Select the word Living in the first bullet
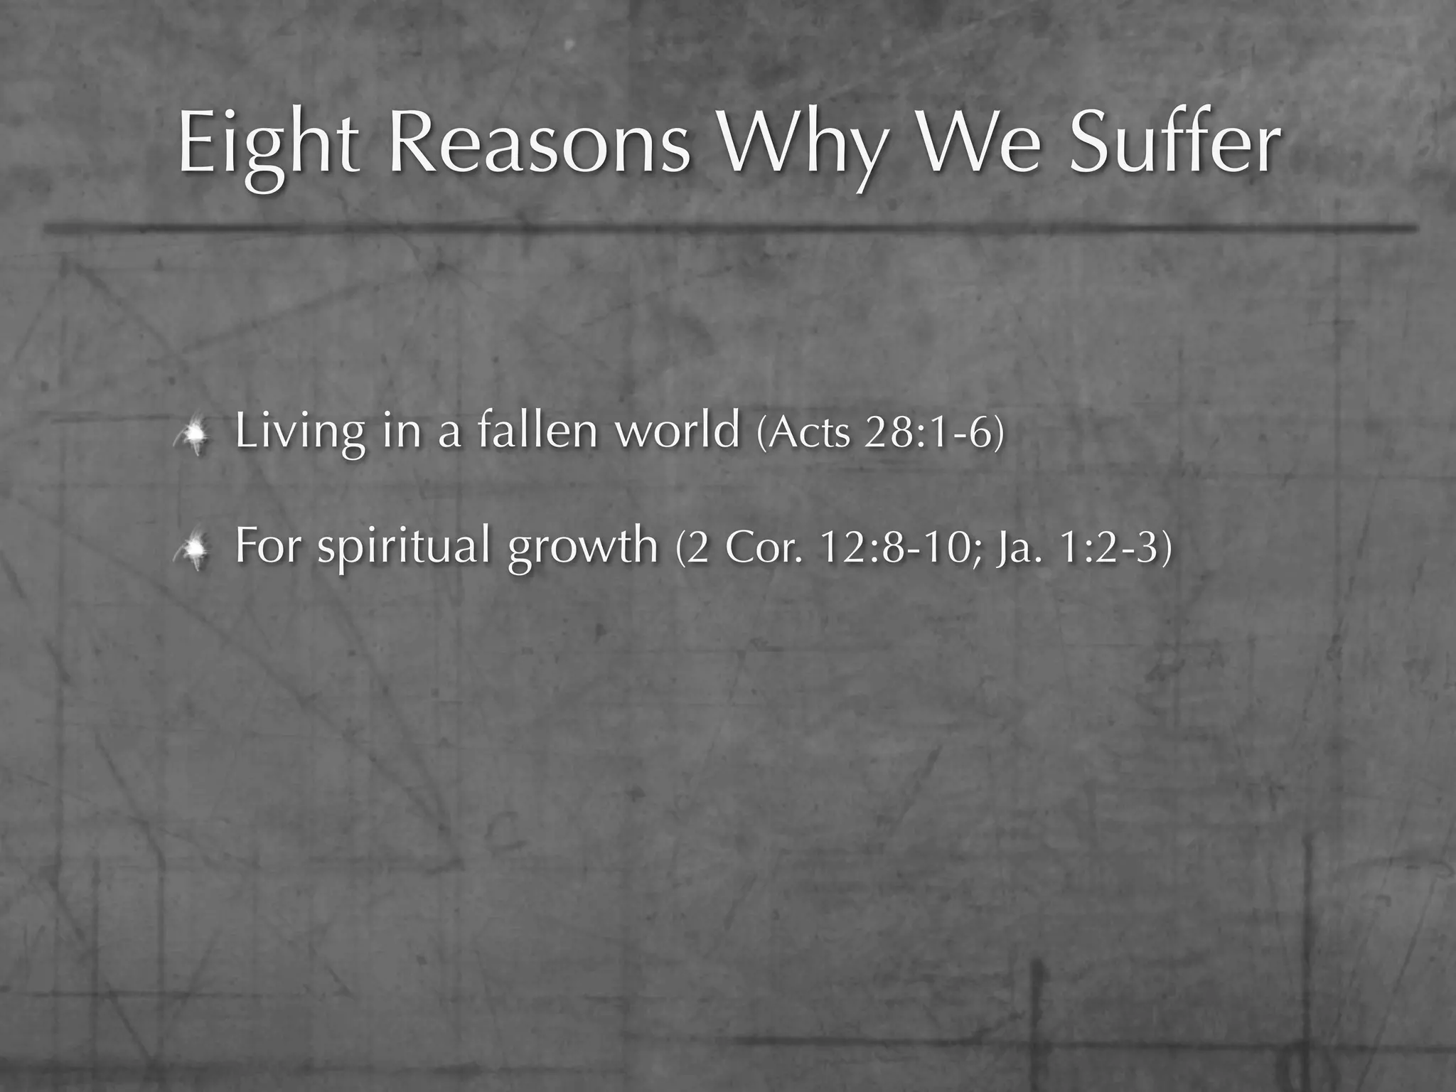pos(299,432)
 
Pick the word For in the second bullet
pos(267,545)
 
